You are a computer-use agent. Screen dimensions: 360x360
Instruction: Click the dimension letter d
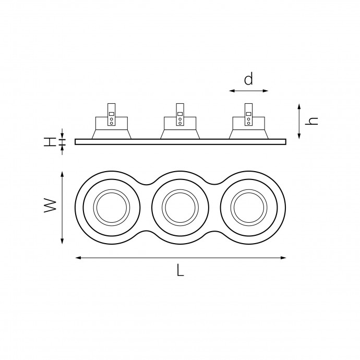click(248, 79)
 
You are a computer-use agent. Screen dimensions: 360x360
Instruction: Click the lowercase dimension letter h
click(313, 121)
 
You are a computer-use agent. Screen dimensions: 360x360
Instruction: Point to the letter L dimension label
click(180, 270)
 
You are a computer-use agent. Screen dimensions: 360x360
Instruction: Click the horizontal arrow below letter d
click(248, 91)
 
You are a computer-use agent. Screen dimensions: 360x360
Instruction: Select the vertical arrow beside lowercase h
click(299, 121)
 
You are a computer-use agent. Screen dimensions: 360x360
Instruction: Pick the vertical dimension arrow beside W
click(63, 207)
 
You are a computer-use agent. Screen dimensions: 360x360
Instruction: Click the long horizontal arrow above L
click(181, 257)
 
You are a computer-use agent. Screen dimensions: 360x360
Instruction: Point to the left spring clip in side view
click(111, 114)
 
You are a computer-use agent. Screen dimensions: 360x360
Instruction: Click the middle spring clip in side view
click(180, 114)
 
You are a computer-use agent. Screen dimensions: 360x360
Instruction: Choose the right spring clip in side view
click(249, 114)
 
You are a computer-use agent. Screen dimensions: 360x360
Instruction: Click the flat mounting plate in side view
click(180, 141)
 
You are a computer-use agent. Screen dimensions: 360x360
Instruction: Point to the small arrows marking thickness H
click(63, 141)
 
